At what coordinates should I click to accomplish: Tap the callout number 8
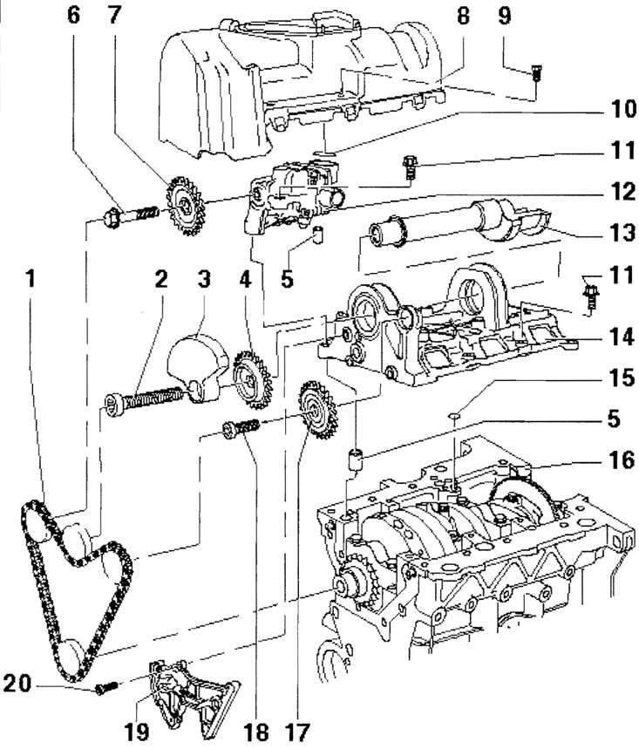pos(462,17)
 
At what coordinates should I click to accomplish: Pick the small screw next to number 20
pos(104,688)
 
